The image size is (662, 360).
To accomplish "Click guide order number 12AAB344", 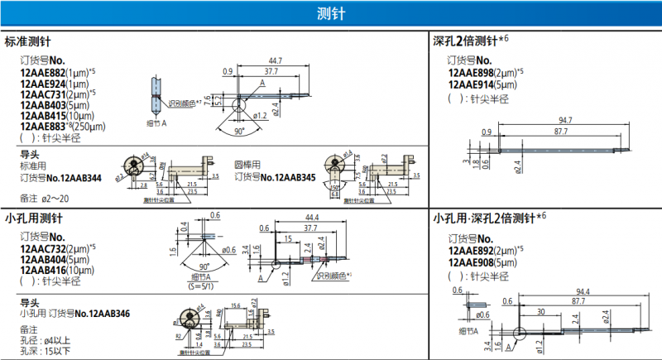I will [80, 177].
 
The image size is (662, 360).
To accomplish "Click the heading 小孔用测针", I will [32, 218].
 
